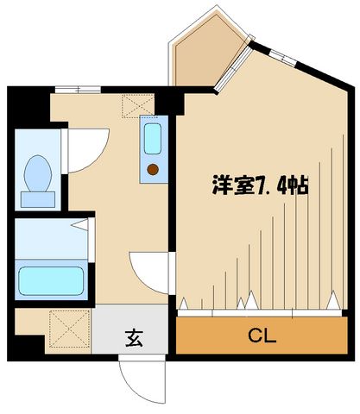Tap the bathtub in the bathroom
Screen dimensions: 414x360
[49, 279]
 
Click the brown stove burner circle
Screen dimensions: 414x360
[153, 169]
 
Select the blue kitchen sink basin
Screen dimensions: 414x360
[153, 138]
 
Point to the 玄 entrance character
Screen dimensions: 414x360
[137, 336]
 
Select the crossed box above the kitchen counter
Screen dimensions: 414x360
[136, 106]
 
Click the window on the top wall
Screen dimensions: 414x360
[78, 89]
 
